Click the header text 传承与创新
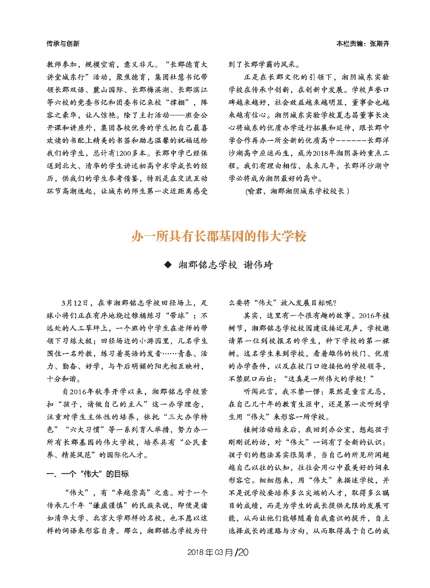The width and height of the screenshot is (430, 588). [63, 43]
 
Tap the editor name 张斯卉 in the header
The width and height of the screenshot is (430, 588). [379, 43]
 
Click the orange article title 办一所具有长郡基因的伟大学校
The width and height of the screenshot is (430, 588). [219, 236]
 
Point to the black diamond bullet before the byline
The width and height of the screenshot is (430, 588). [168, 264]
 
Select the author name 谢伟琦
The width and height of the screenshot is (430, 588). [258, 265]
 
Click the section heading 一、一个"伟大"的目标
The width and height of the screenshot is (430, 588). [88, 474]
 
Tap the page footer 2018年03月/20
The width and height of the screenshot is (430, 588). [218, 552]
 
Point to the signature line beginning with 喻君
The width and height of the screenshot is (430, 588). [297, 191]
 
